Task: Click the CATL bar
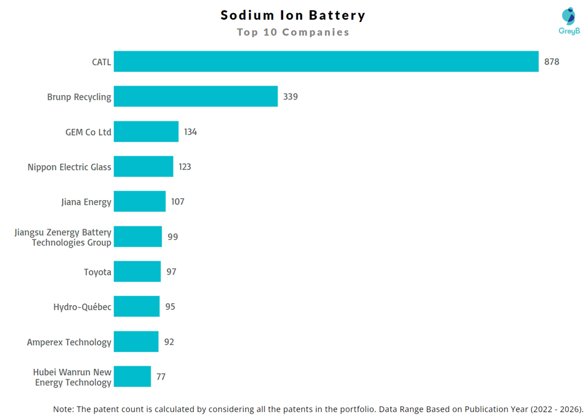[x=326, y=62]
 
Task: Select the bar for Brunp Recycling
[x=196, y=97]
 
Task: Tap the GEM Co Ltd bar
[x=146, y=132]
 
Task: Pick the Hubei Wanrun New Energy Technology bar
[x=133, y=377]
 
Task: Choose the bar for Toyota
[x=138, y=272]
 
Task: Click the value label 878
[x=551, y=62]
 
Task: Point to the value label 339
[x=290, y=97]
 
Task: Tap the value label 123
[x=184, y=167]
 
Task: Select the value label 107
[x=178, y=202]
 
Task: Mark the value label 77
[x=161, y=377]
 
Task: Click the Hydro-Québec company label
[x=83, y=307]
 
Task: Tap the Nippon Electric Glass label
[x=69, y=167]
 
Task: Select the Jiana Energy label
[x=86, y=202]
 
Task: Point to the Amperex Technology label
[x=69, y=342]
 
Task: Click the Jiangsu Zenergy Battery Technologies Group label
[x=63, y=238]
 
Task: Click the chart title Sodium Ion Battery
[x=293, y=15]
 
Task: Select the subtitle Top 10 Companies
[x=293, y=32]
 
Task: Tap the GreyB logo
[x=569, y=21]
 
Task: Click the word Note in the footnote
[x=63, y=409]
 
